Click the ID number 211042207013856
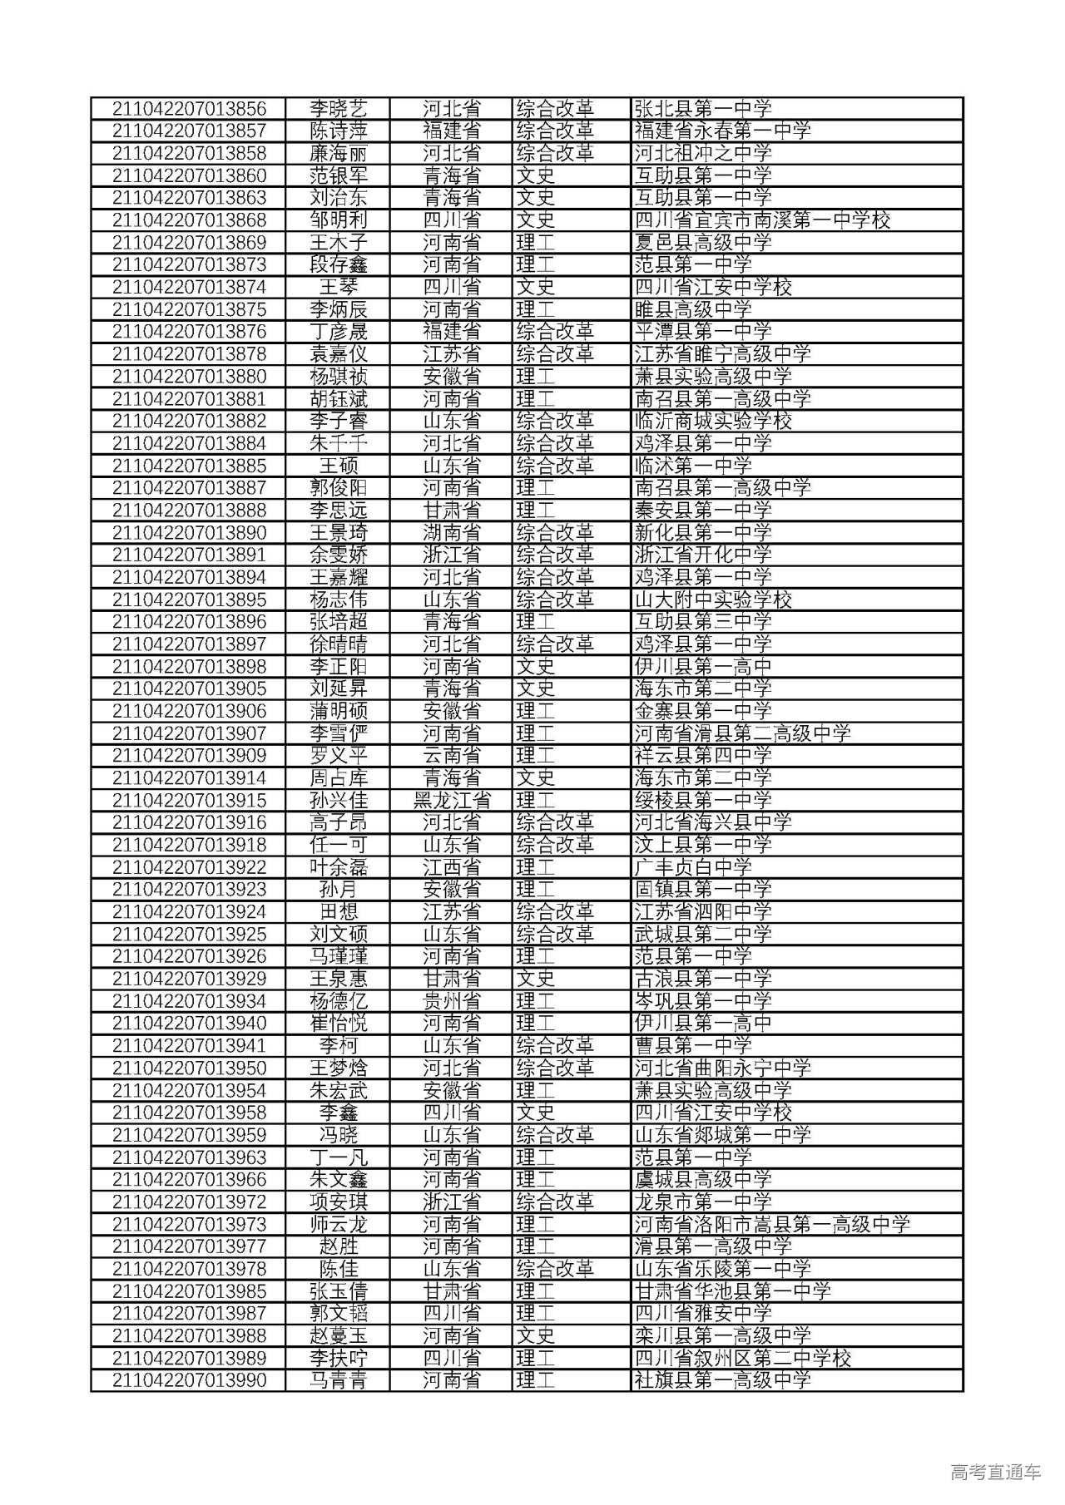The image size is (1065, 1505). coord(189,109)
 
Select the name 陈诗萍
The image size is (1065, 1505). coord(338,131)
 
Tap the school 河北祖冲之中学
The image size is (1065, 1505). coord(702,154)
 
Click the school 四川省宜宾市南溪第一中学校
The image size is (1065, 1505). coord(762,220)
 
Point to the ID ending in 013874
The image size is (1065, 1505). coord(189,288)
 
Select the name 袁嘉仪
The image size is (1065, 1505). coord(338,354)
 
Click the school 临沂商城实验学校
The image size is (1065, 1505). coord(712,422)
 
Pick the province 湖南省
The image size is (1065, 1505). coord(451,533)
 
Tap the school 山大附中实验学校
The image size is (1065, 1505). coord(712,600)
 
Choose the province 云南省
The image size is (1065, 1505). coord(451,756)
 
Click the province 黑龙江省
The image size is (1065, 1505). coord(451,801)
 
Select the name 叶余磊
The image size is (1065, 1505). coord(338,867)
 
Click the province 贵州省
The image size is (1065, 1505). coord(451,1001)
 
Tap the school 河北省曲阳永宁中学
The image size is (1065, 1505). coord(722,1068)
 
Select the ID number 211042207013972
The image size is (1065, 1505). coord(189,1202)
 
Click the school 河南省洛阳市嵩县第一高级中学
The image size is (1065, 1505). coord(772,1225)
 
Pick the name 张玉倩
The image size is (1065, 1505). coord(338,1291)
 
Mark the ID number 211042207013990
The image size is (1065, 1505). coord(189,1381)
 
